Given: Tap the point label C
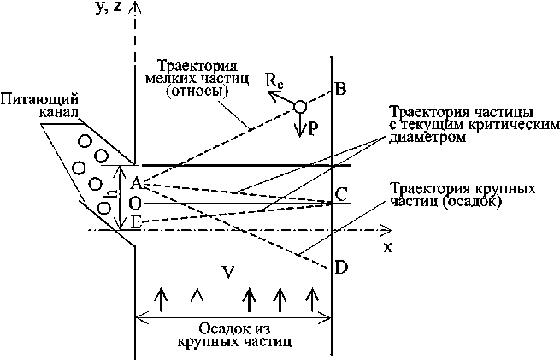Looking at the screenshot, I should (341, 195).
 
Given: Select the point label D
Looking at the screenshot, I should (341, 269).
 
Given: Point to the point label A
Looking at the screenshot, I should (134, 182).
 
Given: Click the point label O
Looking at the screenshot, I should (134, 204).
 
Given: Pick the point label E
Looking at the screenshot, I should (134, 223).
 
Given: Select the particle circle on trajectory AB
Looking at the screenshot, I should (299, 107).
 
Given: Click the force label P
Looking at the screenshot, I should (313, 130).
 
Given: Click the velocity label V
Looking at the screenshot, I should (227, 273).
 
